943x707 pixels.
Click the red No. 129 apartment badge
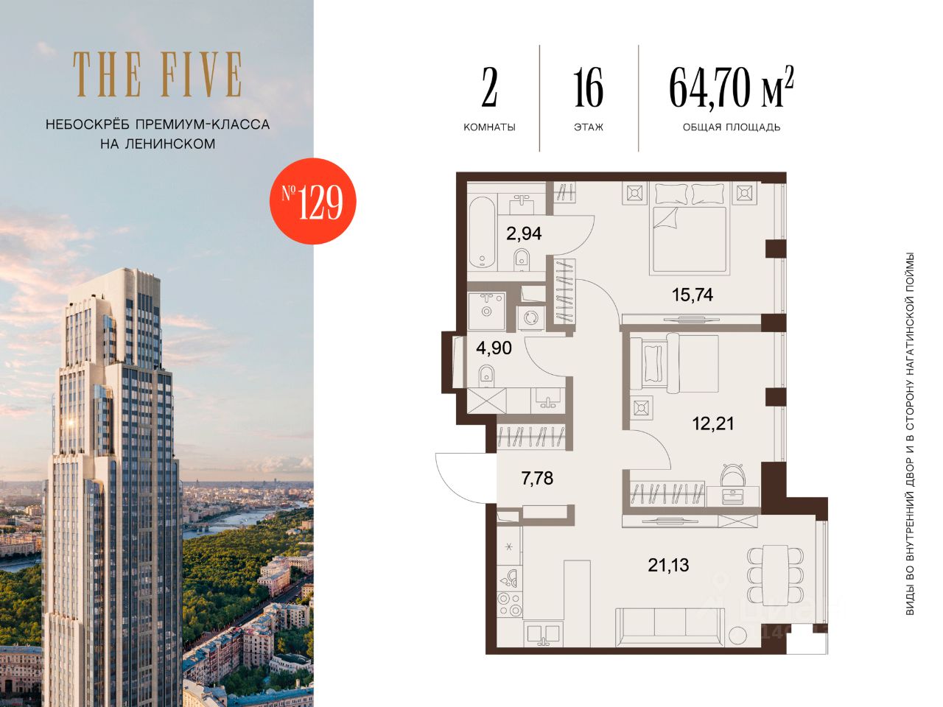coord(313,201)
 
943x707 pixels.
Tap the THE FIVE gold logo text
coord(157,74)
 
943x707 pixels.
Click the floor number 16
coord(588,88)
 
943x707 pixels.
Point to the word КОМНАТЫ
coord(489,127)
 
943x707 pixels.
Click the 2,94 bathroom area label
coord(524,233)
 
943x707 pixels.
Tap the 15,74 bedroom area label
coord(692,295)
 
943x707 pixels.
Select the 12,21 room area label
coord(713,423)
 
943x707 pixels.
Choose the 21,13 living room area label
coord(668,566)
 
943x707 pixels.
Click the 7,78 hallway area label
coord(537,478)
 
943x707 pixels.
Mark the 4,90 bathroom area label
coord(494,348)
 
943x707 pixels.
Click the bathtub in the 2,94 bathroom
coord(482,232)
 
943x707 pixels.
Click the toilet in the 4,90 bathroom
coord(486,376)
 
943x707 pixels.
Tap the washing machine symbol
coord(531,317)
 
